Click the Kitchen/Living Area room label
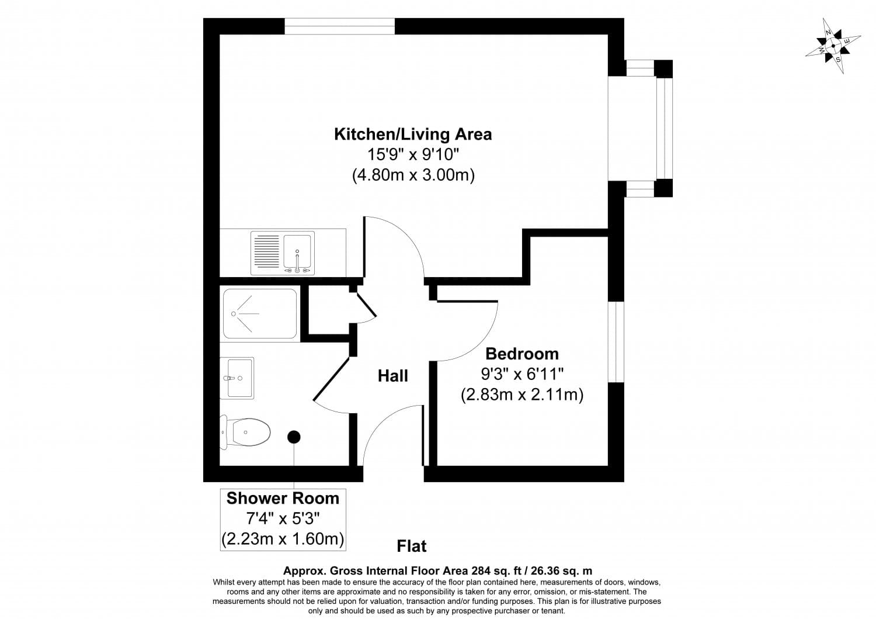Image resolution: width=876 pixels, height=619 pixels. [412, 134]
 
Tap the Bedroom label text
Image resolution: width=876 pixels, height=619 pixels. [522, 354]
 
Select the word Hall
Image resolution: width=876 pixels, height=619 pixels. [393, 376]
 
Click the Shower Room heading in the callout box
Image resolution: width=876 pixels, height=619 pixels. [283, 498]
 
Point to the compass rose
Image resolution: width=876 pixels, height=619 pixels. [833, 46]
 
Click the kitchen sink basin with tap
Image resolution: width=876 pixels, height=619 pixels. [298, 253]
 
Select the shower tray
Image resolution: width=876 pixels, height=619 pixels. [260, 314]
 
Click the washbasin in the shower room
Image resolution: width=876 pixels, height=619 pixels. [238, 378]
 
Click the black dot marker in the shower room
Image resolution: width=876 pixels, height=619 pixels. [294, 437]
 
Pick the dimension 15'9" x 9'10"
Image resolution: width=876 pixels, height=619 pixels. [412, 155]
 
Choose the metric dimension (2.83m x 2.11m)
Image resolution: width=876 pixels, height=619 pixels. [522, 395]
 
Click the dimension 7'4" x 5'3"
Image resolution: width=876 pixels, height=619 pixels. [283, 518]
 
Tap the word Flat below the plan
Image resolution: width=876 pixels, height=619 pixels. [412, 546]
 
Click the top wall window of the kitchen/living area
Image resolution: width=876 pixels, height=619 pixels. [339, 26]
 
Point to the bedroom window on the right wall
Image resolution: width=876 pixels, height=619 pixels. [616, 342]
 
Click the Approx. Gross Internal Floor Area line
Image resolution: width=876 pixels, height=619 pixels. [437, 570]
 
